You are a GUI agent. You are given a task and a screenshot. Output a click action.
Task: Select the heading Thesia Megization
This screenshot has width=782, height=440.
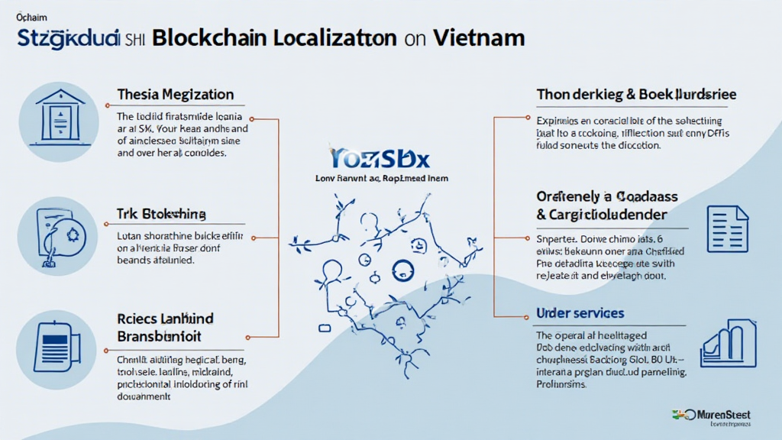coord(176,95)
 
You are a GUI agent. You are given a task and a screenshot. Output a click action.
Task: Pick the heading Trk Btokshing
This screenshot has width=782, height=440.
coord(161,214)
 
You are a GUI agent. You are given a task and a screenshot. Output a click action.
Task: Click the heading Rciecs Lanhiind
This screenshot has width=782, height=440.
coord(165,318)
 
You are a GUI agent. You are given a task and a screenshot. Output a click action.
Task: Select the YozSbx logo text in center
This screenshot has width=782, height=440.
coord(381,158)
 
